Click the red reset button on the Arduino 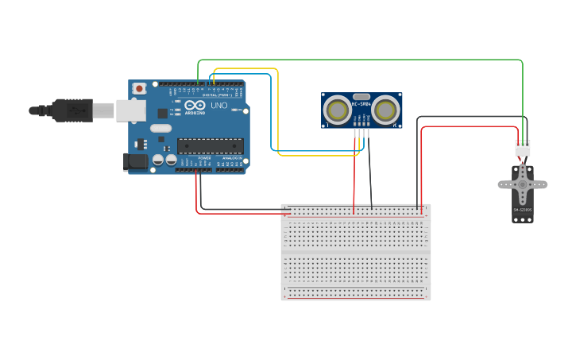pos(139,88)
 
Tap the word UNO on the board pos(218,105)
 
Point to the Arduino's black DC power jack pos(136,162)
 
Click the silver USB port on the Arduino pos(130,110)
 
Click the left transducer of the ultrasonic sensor pos(338,110)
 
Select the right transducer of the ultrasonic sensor pos(386,110)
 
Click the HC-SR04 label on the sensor pos(361,104)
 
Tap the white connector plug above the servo pos(522,148)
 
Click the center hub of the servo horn pos(522,184)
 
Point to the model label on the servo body pos(522,210)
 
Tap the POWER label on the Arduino pos(204,158)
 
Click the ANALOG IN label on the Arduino pos(231,158)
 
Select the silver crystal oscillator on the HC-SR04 pos(361,96)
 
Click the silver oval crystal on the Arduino pos(160,128)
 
